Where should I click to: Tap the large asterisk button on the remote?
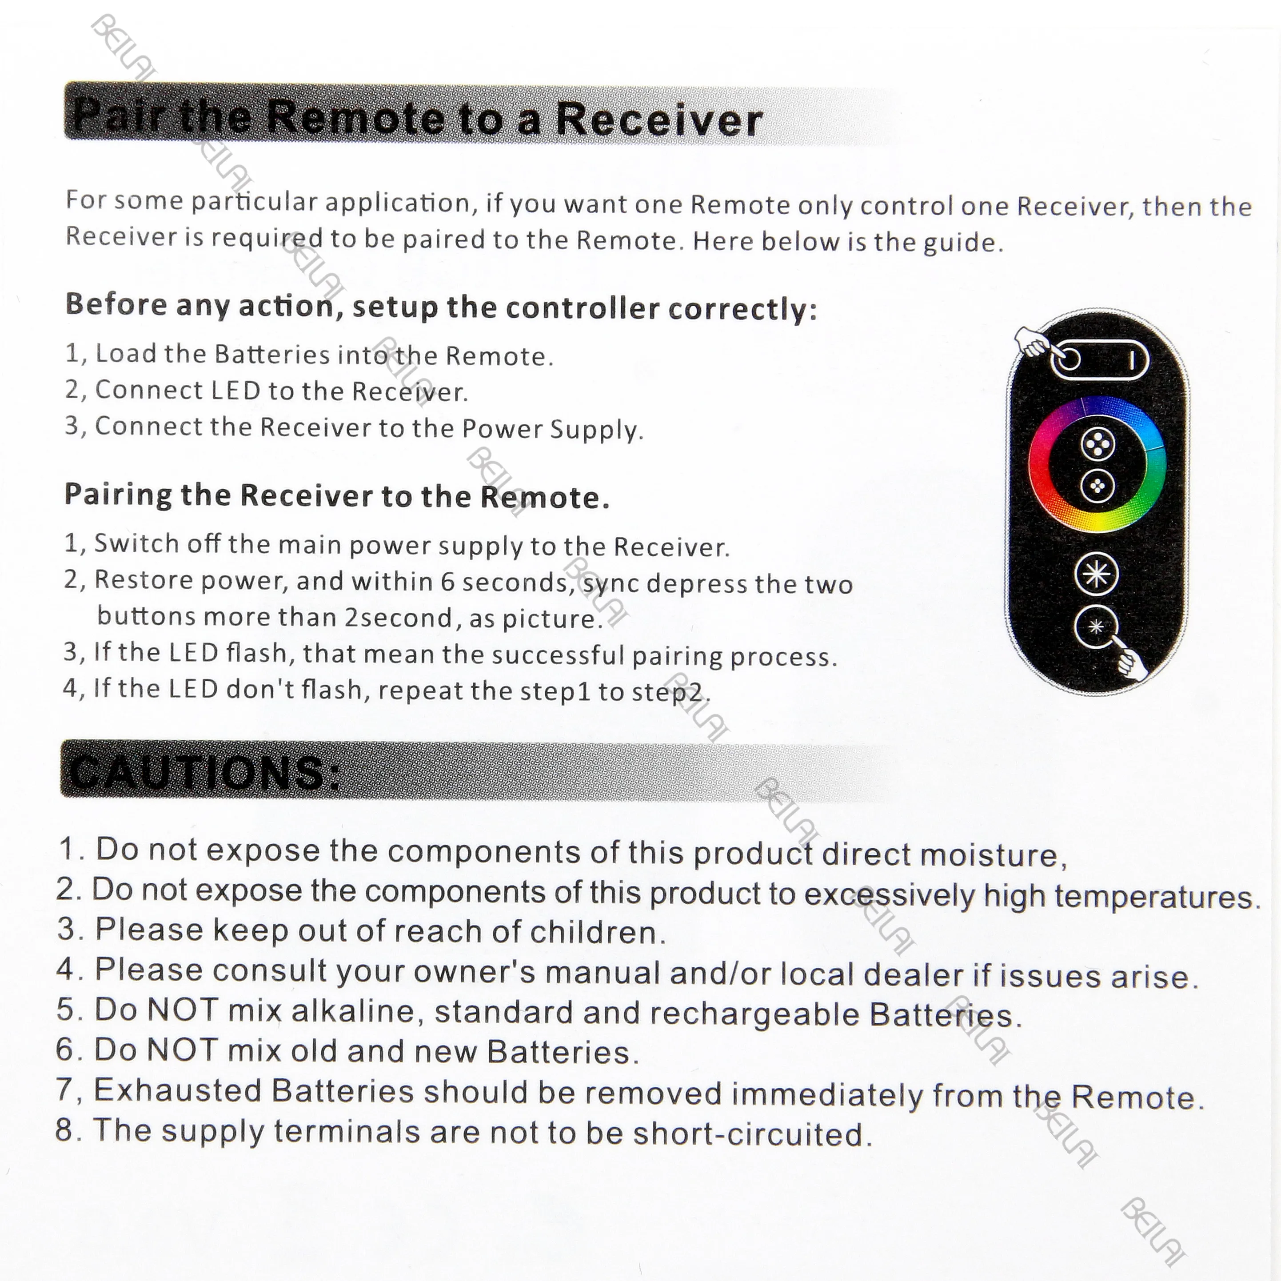pos(1096,574)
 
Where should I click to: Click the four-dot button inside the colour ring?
pos(1098,444)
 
